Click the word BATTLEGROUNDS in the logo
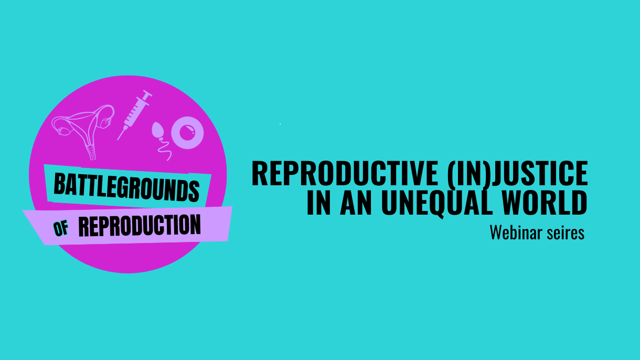(x=126, y=187)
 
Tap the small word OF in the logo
(x=61, y=228)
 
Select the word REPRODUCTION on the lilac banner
(x=140, y=226)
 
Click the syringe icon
(x=135, y=115)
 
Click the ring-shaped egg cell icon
(x=187, y=133)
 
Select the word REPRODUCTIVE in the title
(x=345, y=173)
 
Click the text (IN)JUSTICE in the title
(x=517, y=174)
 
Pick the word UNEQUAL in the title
(x=437, y=203)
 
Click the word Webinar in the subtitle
(x=516, y=232)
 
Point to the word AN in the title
(x=356, y=203)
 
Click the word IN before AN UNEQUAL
(x=319, y=203)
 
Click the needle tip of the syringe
(x=118, y=140)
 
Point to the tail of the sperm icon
(x=165, y=150)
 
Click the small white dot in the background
(x=280, y=124)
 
